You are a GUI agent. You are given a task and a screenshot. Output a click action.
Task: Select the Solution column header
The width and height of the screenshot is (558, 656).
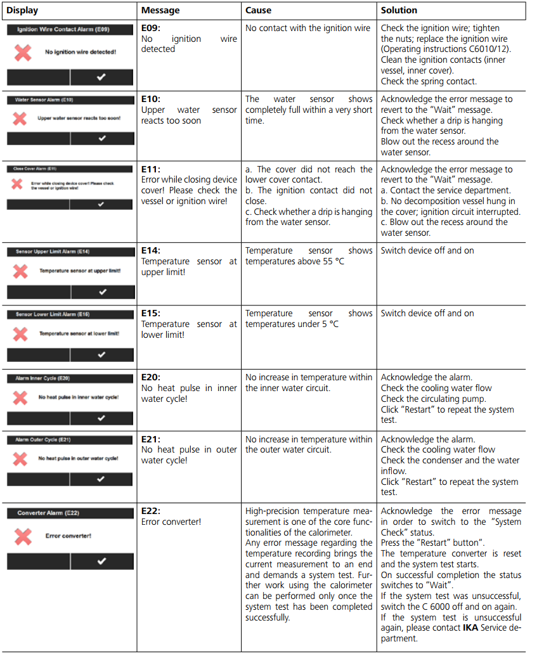pyautogui.click(x=399, y=11)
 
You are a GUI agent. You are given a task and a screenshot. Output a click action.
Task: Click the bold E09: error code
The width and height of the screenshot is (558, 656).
pyautogui.click(x=152, y=28)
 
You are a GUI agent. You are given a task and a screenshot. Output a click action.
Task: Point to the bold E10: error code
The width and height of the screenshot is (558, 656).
pyautogui.click(x=152, y=99)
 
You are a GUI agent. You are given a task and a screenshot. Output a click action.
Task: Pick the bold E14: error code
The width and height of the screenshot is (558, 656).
pyautogui.click(x=152, y=250)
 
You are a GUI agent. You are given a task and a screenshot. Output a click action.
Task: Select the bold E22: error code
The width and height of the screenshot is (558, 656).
pyautogui.click(x=152, y=511)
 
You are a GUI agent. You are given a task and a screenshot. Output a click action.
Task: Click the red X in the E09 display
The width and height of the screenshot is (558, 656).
pyautogui.click(x=23, y=52)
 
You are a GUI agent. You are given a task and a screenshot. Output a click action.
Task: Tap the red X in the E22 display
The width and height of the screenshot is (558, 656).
pyautogui.click(x=23, y=536)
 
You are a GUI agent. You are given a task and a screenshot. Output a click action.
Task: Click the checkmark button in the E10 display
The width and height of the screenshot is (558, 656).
pyautogui.click(x=102, y=139)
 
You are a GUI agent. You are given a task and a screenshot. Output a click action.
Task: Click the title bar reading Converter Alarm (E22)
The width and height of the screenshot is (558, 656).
pyautogui.click(x=48, y=513)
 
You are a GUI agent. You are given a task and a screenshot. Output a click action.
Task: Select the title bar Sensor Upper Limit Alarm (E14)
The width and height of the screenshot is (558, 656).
pyautogui.click(x=53, y=252)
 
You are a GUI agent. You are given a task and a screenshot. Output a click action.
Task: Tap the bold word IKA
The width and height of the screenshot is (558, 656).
pyautogui.click(x=471, y=628)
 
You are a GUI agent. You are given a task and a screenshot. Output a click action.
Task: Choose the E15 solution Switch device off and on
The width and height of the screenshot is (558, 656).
pyautogui.click(x=427, y=313)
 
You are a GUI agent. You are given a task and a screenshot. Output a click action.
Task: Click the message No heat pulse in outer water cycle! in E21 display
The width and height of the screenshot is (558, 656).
pyautogui.click(x=78, y=458)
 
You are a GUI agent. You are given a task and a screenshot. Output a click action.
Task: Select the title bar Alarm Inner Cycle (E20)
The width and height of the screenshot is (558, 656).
pyautogui.click(x=42, y=378)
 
